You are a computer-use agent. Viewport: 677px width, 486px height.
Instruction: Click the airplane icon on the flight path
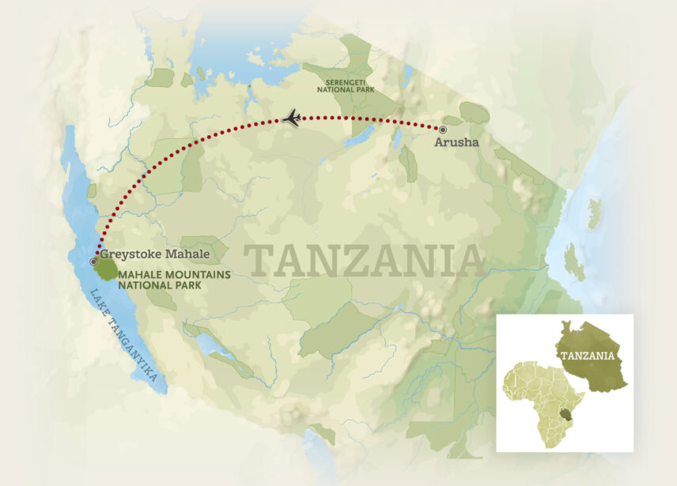(x=293, y=119)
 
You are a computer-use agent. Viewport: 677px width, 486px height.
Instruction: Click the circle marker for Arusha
(x=442, y=129)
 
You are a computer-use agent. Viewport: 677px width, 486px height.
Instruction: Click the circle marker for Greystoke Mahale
(x=94, y=260)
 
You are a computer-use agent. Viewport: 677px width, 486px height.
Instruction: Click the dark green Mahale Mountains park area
(x=107, y=269)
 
